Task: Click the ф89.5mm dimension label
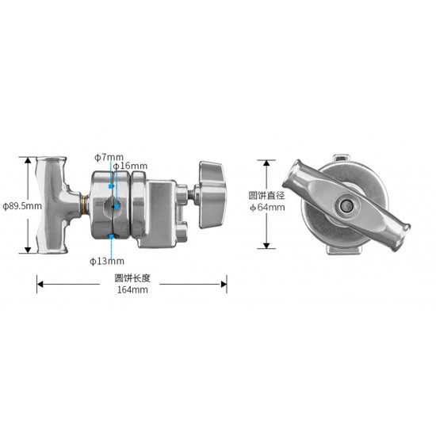[x=22, y=206]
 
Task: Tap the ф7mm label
[x=109, y=158]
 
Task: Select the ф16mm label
[x=130, y=166]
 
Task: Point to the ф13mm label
[x=107, y=261]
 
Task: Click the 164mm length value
[x=132, y=289]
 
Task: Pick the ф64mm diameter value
[x=267, y=207]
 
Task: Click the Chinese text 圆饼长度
[x=132, y=278]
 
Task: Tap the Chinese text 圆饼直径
[x=266, y=196]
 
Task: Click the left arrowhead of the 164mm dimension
[x=40, y=284]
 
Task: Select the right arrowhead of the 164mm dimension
[x=224, y=284]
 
